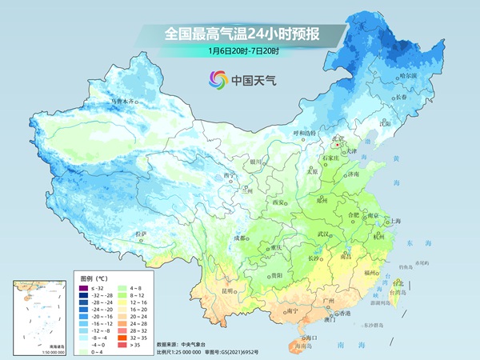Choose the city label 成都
[x=238, y=238]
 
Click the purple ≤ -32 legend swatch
[x=83, y=286]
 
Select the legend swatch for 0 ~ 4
[x=83, y=351]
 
